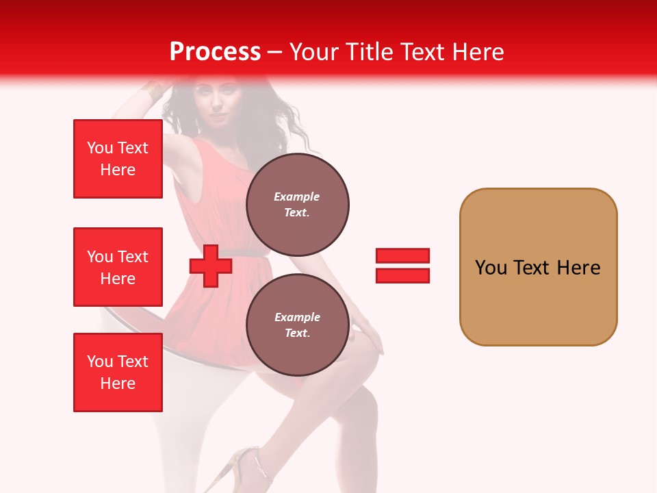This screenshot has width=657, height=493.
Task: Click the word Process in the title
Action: [x=215, y=51]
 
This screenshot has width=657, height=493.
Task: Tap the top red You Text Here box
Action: [x=118, y=159]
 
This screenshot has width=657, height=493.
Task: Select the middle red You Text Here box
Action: [x=118, y=267]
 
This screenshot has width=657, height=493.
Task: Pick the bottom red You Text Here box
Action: [x=118, y=372]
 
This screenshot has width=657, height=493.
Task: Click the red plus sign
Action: [x=210, y=266]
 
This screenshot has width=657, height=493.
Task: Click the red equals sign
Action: [x=402, y=266]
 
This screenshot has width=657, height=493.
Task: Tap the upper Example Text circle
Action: [x=297, y=204]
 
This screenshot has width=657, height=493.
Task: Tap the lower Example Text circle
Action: [x=297, y=325]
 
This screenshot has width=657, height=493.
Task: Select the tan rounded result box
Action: [x=538, y=267]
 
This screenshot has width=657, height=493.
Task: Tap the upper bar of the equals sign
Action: [x=402, y=256]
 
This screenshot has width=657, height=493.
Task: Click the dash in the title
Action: [x=274, y=52]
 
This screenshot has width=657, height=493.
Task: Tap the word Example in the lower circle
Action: [x=297, y=317]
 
